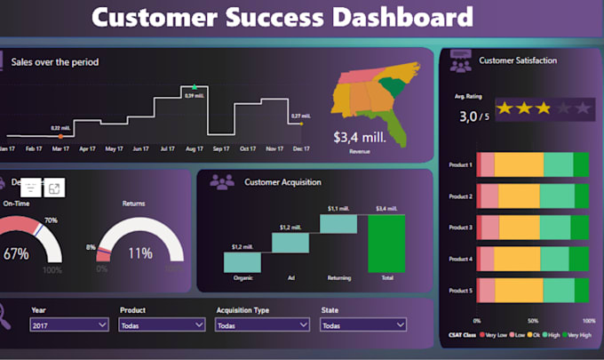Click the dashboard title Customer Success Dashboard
[282, 17]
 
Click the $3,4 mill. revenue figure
[360, 138]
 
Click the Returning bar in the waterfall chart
[337, 224]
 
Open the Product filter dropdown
[162, 326]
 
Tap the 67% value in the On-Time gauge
[15, 253]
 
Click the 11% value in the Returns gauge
[140, 253]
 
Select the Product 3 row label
[460, 228]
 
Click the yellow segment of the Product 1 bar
[518, 164]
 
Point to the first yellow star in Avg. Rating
[505, 108]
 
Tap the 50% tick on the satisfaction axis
[533, 320]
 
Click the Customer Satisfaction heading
[518, 60]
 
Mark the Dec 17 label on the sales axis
[301, 148]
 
